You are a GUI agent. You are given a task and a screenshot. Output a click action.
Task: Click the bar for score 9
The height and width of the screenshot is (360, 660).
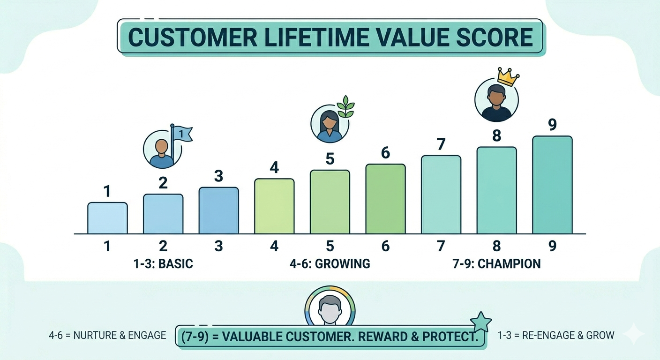coord(552,185)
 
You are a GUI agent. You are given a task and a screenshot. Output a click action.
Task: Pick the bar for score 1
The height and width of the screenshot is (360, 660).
coord(107,218)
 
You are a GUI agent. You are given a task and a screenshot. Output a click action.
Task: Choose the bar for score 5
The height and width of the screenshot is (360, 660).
coord(330,202)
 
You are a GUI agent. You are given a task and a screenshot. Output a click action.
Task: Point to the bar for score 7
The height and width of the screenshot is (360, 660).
coord(441,195)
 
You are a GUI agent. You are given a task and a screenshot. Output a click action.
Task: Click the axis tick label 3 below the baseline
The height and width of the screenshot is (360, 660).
coord(218,246)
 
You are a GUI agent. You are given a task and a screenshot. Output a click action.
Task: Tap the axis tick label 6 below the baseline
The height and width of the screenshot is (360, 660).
coord(385,246)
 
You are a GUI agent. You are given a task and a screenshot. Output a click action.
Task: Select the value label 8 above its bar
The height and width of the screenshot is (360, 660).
coord(496,136)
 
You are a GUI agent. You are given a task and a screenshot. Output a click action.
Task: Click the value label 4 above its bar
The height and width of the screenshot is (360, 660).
coord(274,167)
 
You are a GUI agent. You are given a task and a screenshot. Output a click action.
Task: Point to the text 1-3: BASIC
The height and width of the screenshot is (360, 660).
coord(163,263)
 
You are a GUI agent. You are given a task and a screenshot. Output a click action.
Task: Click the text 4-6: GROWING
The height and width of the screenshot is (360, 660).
coord(330,263)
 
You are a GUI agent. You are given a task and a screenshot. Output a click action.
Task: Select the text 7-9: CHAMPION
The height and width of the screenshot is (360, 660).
coord(497,263)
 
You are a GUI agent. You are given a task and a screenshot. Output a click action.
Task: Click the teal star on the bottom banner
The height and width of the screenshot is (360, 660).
coord(481,323)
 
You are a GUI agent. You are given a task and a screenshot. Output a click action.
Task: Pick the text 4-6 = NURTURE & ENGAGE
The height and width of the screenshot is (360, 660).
coord(107,335)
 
